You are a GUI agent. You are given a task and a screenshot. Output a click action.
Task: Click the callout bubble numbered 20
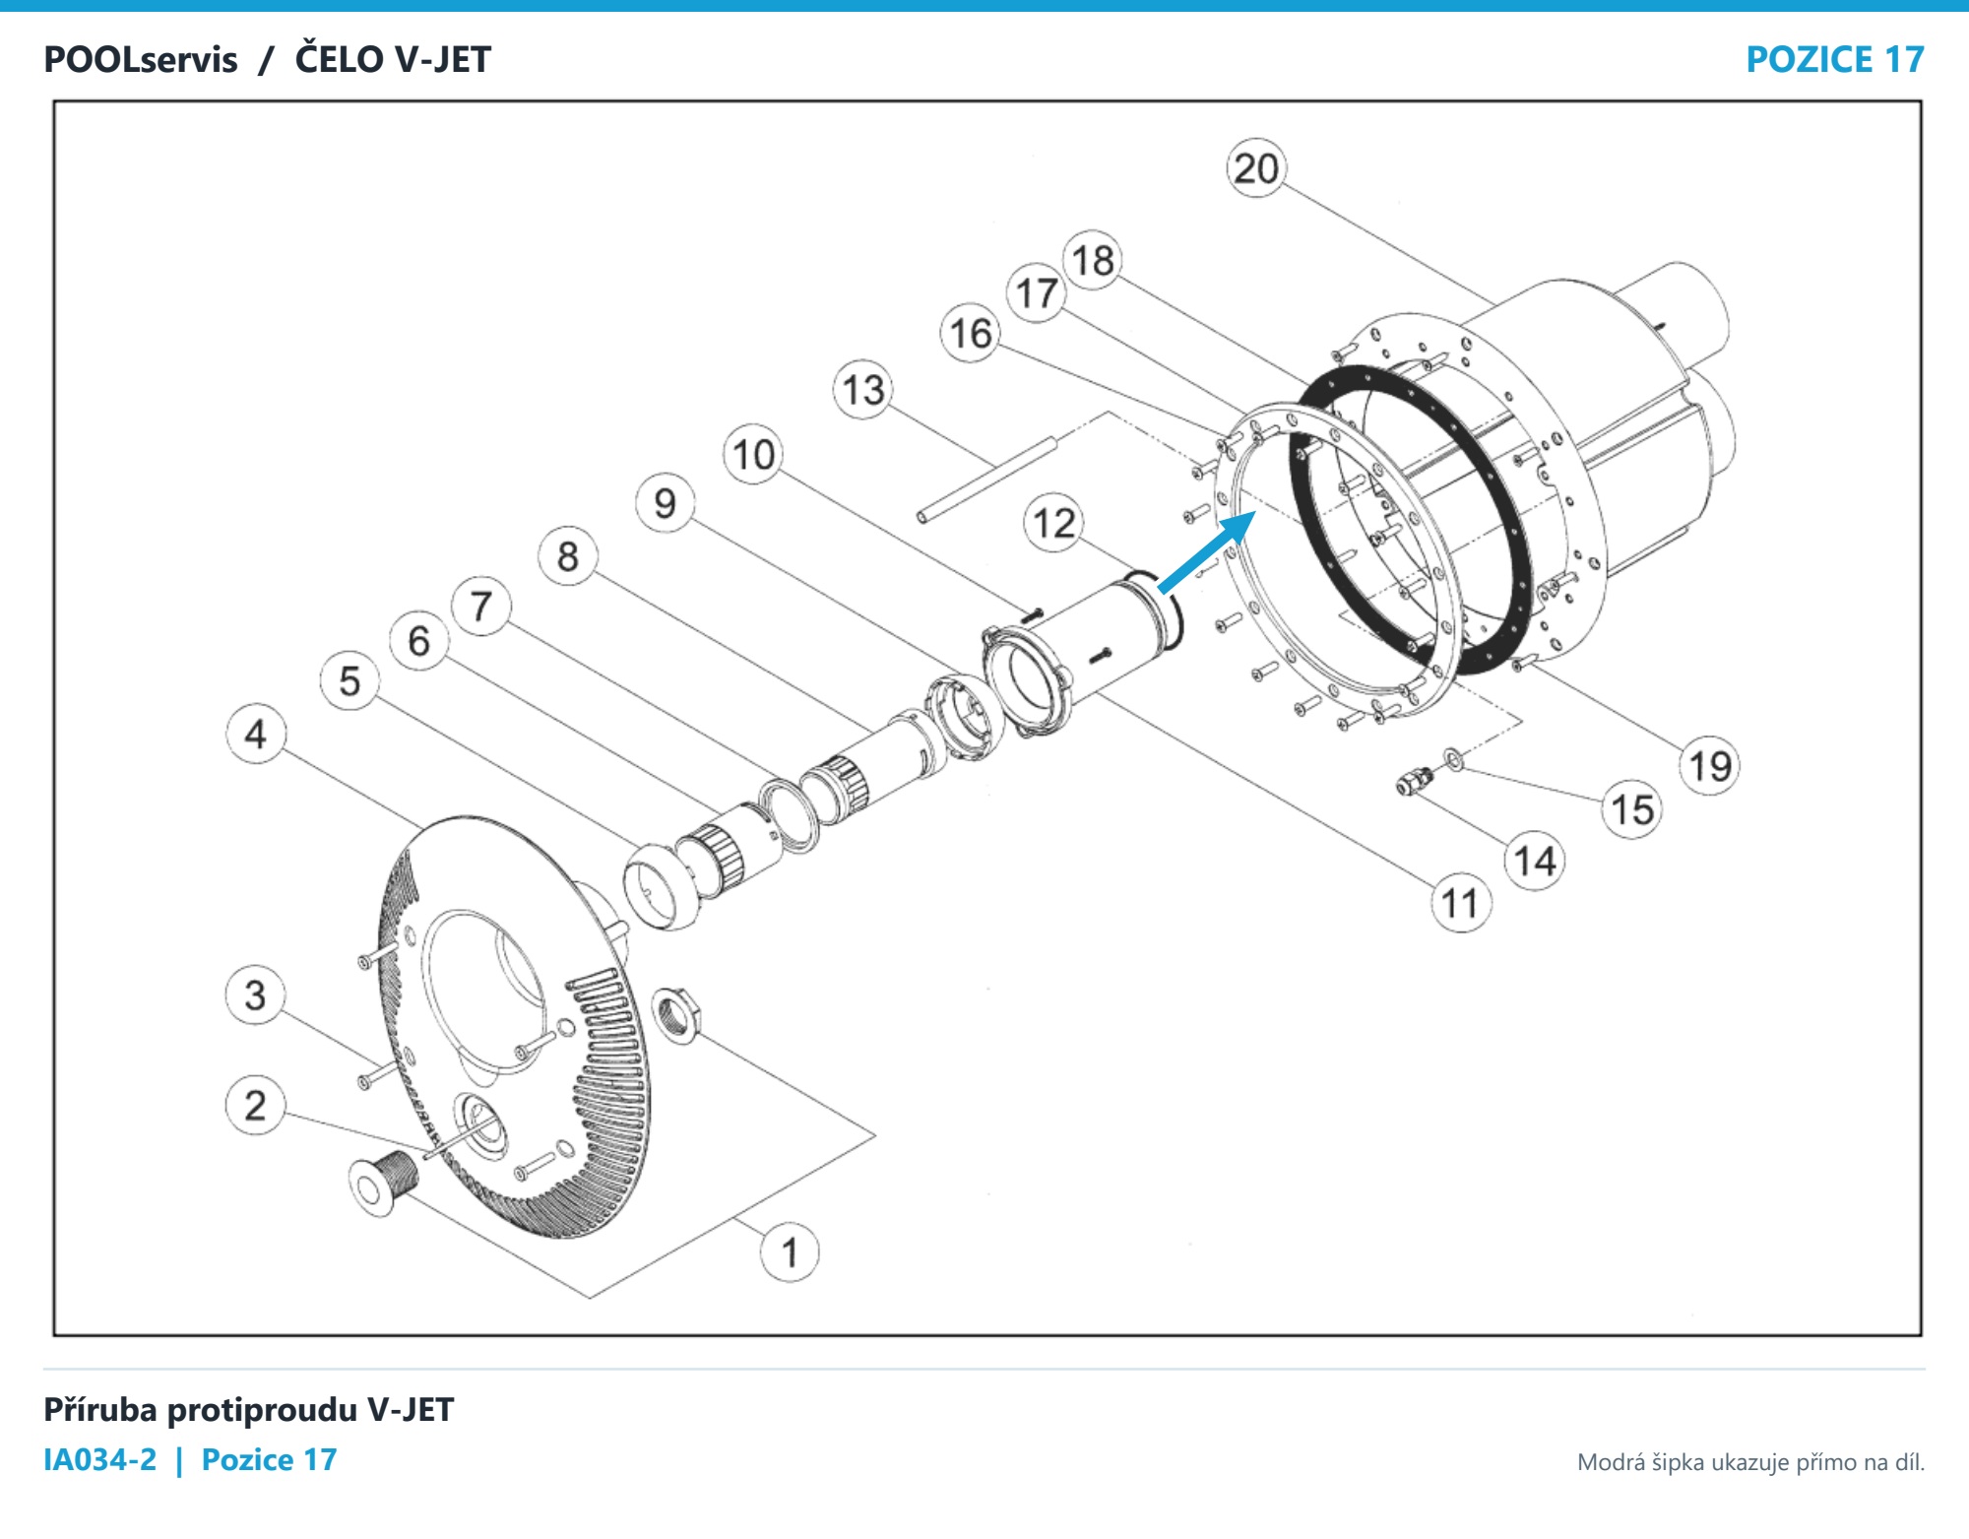pos(1256,168)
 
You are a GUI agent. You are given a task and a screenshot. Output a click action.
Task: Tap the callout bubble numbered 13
pos(863,390)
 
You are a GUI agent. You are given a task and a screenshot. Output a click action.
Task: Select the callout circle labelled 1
pos(790,1252)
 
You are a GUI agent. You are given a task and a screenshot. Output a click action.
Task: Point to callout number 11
pos(1460,903)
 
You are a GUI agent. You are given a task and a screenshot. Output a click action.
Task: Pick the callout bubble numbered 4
pos(256,734)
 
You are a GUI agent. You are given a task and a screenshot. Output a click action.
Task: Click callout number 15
pos(1632,809)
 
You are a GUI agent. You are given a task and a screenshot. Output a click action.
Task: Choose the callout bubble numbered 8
pos(568,556)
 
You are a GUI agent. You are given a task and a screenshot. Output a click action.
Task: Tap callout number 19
pos(1710,766)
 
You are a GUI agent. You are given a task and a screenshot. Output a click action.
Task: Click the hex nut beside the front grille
pos(676,1015)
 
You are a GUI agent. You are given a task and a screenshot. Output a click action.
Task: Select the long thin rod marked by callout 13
pos(987,478)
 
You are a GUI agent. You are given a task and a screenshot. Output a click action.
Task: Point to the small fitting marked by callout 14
pos(1414,783)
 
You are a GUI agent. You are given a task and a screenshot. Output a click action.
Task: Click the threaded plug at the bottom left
pos(384,1182)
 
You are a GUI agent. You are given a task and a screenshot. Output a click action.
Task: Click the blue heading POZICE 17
pos(1835,59)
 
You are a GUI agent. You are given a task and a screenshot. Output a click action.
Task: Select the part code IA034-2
pos(100,1459)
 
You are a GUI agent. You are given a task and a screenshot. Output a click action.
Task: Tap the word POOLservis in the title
pos(141,59)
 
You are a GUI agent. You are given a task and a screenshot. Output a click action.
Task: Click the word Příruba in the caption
pos(100,1410)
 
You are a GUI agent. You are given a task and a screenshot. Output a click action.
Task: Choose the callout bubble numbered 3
pos(256,994)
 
